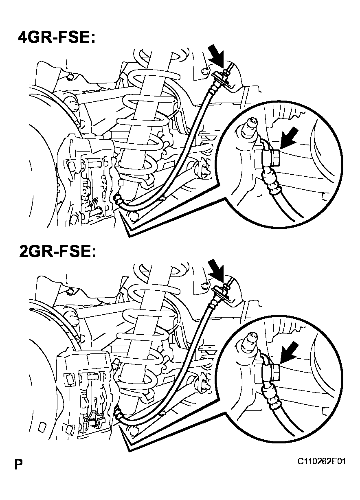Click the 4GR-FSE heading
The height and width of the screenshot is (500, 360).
pos(57,38)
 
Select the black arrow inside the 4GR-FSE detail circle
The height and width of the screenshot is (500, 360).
pos(289,138)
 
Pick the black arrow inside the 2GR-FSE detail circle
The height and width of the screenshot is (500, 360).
pos(289,352)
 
